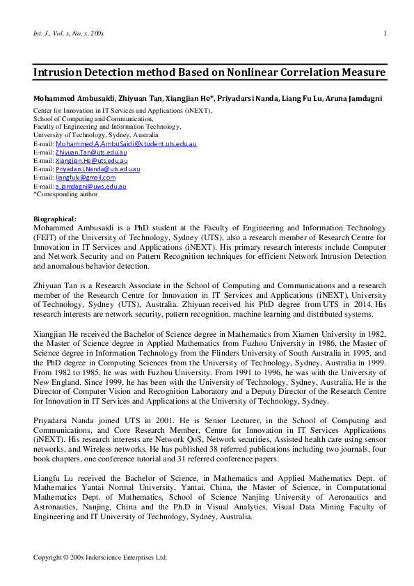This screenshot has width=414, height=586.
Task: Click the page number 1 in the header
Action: tap(385, 33)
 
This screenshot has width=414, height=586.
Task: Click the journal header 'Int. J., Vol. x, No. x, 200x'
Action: tap(69, 33)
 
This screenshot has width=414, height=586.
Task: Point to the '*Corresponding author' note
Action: tap(66, 194)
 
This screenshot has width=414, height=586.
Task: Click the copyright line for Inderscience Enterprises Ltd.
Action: tap(101, 557)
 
